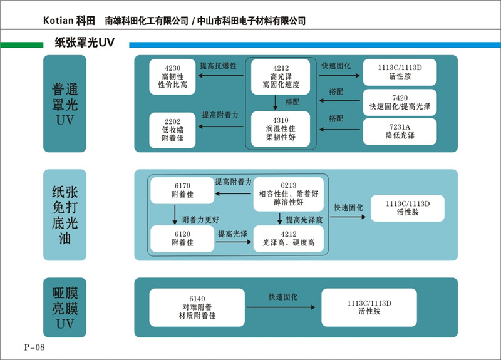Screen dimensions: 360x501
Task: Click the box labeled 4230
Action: (172, 77)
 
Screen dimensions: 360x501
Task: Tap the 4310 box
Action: (281, 129)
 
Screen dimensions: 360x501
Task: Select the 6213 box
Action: (288, 194)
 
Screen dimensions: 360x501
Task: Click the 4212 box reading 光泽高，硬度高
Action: (288, 238)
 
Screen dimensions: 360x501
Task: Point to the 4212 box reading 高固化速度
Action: (281, 76)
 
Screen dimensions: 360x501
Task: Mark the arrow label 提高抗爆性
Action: (219, 65)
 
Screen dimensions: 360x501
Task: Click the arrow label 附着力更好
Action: (201, 220)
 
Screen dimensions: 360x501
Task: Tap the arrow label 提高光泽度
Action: (304, 220)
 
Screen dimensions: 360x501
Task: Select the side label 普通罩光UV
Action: (65, 104)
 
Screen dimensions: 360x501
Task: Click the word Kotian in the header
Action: (58, 20)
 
